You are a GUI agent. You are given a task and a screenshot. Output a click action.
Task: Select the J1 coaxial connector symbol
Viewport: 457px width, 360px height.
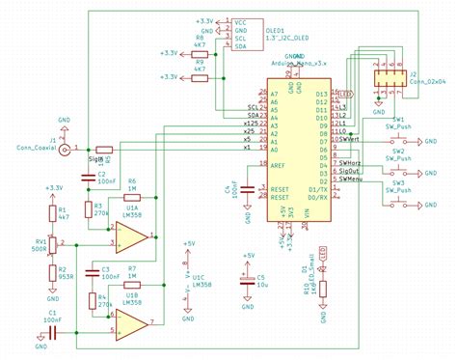pos(65,150)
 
